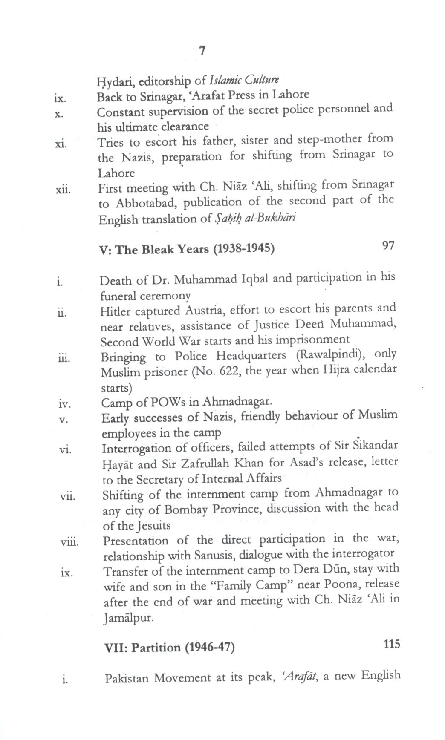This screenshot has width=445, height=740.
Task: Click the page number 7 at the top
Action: click(x=202, y=51)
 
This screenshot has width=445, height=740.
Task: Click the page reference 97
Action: click(x=388, y=245)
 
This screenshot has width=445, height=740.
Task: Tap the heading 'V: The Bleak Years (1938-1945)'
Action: click(x=186, y=249)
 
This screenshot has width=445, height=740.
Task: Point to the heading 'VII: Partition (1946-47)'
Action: click(x=170, y=648)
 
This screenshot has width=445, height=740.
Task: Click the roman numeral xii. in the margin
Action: click(x=63, y=189)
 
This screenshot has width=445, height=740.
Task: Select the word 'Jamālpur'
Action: click(x=128, y=617)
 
